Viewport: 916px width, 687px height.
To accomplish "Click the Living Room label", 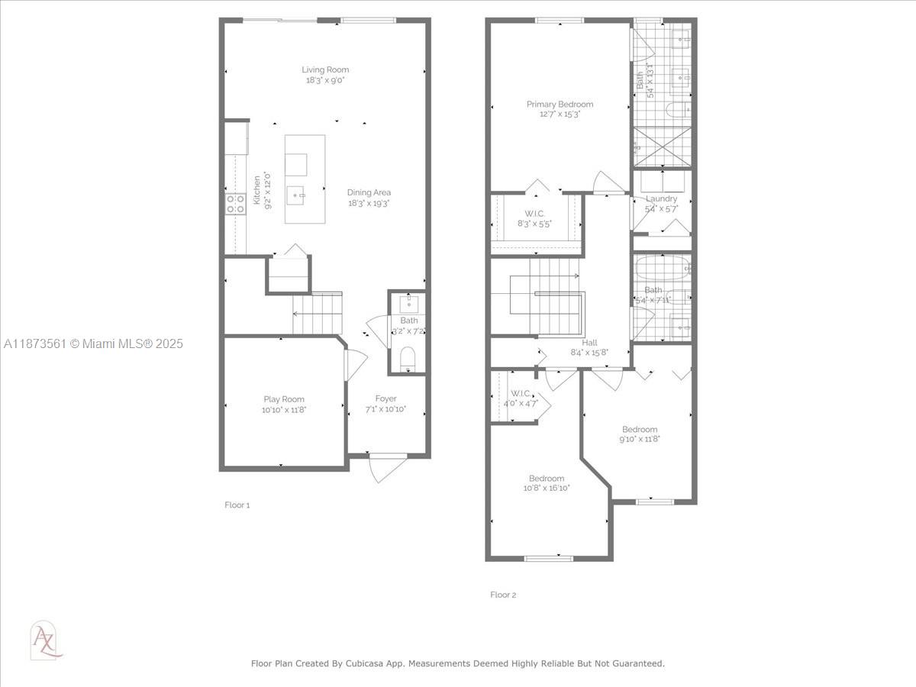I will (x=325, y=69).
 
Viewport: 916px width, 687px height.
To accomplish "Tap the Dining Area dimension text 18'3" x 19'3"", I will (x=369, y=203).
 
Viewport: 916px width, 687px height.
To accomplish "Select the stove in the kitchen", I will (x=236, y=203).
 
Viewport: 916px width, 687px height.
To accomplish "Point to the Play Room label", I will (x=284, y=399).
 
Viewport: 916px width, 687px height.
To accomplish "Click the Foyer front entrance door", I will (x=386, y=467).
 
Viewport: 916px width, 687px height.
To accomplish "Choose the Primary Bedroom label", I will (x=560, y=104).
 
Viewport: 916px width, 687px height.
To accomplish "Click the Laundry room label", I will (x=661, y=198).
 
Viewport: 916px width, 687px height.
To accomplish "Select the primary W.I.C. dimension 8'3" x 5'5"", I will (x=534, y=224).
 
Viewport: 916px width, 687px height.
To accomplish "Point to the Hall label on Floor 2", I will (x=589, y=343).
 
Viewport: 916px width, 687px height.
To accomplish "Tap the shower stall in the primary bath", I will (x=663, y=147).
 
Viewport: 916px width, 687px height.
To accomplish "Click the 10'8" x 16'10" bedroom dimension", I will (x=547, y=489).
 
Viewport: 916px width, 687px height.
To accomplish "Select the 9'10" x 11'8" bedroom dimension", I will (x=639, y=439).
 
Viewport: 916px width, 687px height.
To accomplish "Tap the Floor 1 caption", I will (x=237, y=505).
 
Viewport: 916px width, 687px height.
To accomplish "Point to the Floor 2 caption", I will (x=503, y=595).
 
